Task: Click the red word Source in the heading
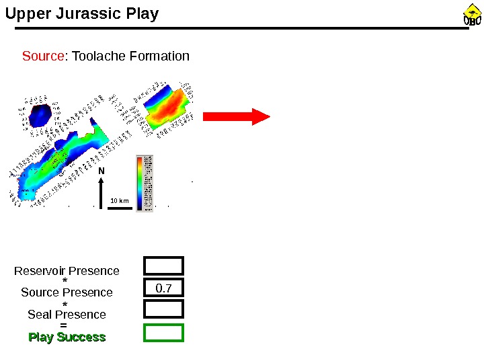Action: (x=43, y=56)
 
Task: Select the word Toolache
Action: (x=98, y=56)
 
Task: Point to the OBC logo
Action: (x=472, y=15)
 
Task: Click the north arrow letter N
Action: (x=102, y=171)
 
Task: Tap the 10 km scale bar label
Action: (x=119, y=200)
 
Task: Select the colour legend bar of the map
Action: (x=139, y=183)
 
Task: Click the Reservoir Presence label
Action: (x=67, y=271)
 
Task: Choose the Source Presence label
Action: (x=67, y=292)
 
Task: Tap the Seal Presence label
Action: (x=67, y=315)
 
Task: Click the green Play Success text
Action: (x=67, y=337)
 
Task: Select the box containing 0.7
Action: (x=163, y=288)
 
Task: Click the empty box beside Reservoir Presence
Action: (x=163, y=266)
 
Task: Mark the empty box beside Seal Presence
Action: (x=163, y=309)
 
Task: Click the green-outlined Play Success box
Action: (x=163, y=333)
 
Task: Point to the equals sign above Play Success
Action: (x=64, y=325)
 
